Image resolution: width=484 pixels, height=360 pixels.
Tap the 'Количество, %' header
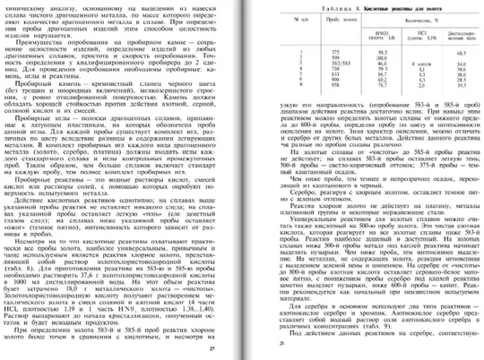point(395,24)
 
